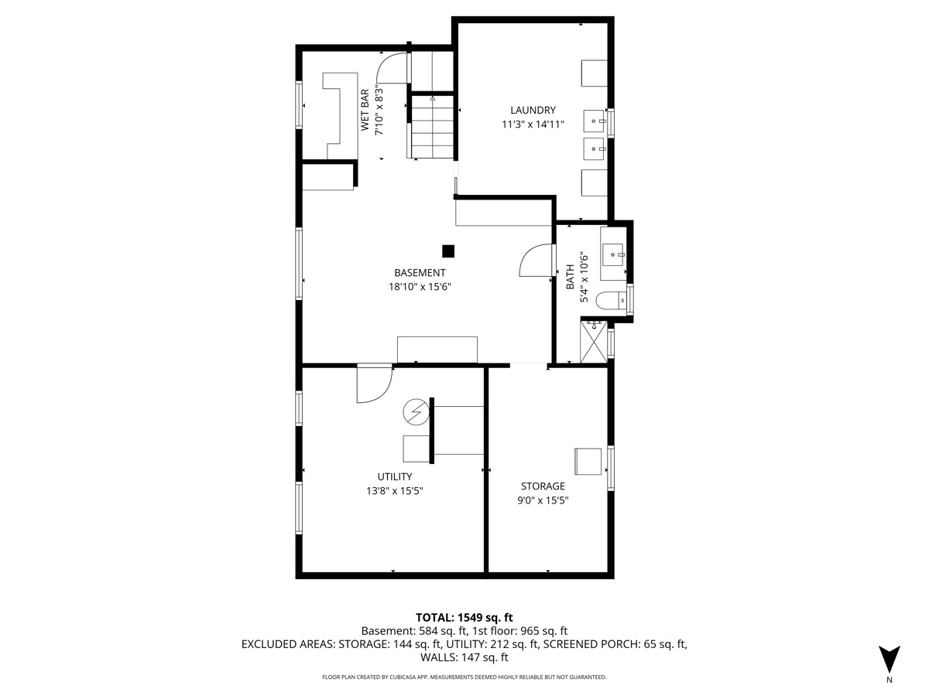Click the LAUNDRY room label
coord(533,111)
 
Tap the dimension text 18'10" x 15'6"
coord(420,287)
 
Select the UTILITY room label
coord(395,476)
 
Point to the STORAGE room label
coord(543,486)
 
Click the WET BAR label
coord(365,110)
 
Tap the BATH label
coord(570,277)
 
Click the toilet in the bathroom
coord(611,301)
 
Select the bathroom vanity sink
coord(613,254)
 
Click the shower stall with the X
coord(593,342)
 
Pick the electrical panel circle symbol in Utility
coord(416,412)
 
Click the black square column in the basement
coord(448,251)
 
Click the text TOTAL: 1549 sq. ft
coord(464,618)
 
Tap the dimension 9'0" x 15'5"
coord(543,500)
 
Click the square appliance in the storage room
coord(588,462)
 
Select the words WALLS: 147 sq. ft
coord(464,657)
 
